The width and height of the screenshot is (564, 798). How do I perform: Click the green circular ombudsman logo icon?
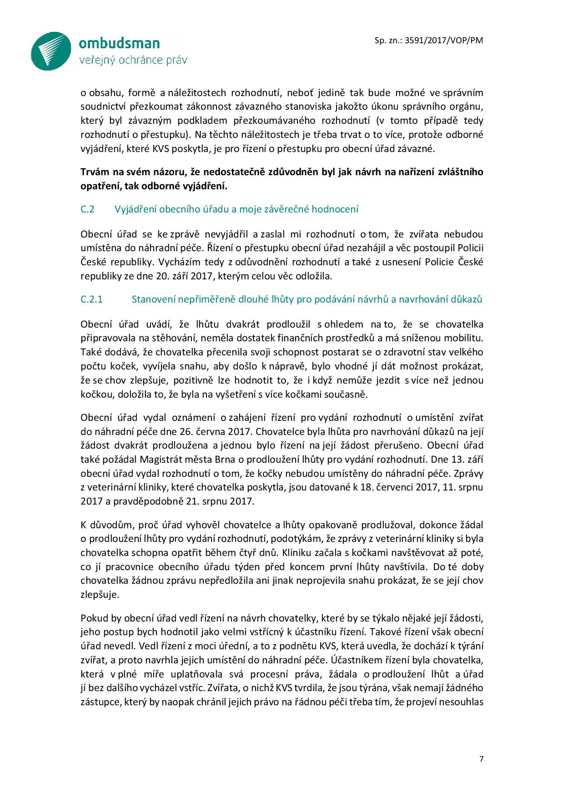[51, 51]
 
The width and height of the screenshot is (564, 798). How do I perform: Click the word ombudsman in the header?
[119, 43]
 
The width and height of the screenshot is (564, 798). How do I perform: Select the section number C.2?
[87, 209]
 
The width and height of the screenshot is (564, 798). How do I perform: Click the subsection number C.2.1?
[92, 299]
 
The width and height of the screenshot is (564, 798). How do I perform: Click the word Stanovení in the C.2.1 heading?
[153, 299]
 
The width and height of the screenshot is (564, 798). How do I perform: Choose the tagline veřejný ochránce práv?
[133, 60]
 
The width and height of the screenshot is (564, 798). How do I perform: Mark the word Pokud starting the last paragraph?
[93, 618]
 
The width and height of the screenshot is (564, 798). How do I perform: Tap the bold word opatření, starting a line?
[99, 186]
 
